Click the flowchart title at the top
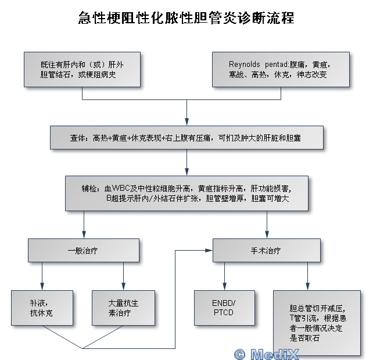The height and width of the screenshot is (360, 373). click(186, 18)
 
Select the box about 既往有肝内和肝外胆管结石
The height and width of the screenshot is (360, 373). click(81, 69)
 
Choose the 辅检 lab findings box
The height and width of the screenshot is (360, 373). click(186, 194)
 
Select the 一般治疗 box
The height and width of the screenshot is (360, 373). click(83, 251)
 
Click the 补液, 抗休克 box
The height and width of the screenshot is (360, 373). click(41, 308)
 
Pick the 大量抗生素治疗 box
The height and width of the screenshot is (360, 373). click(123, 308)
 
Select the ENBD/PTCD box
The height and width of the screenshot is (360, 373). click(224, 308)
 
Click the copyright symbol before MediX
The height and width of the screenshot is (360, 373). click(239, 353)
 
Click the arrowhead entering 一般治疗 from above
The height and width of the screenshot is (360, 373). click(83, 236)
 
